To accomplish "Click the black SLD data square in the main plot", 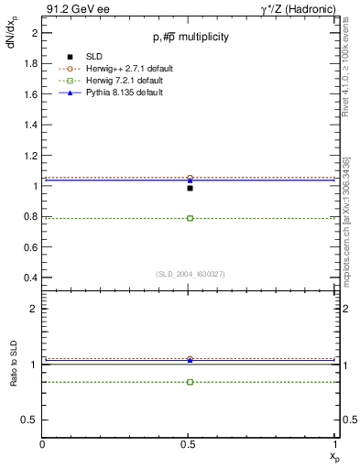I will [x=190, y=188].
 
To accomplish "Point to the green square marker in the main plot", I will [x=190, y=218].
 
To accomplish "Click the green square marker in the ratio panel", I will [x=190, y=381].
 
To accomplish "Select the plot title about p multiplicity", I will [x=191, y=37].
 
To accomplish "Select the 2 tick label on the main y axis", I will [x=34, y=33].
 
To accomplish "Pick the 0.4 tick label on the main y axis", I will [x=30, y=277].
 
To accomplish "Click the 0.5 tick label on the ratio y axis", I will [x=30, y=420].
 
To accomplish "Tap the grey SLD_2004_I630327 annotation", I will [x=190, y=273].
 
